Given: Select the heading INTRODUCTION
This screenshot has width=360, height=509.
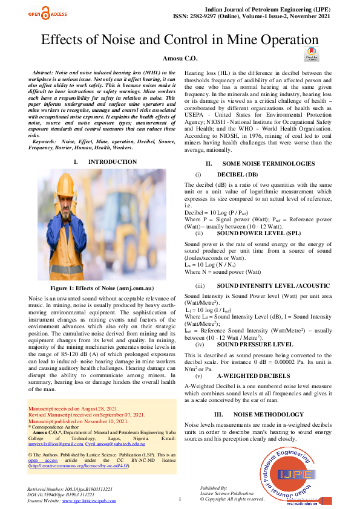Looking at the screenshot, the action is tap(112, 162).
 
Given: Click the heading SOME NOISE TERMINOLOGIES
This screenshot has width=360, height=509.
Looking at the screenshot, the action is tap(260, 164).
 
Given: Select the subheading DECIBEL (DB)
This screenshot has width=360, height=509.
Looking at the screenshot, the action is tap(237, 174).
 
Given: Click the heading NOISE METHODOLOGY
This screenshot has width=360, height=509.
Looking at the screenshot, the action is tap(268, 415).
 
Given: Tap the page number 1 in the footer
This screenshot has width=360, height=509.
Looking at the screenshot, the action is tap(180, 499).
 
